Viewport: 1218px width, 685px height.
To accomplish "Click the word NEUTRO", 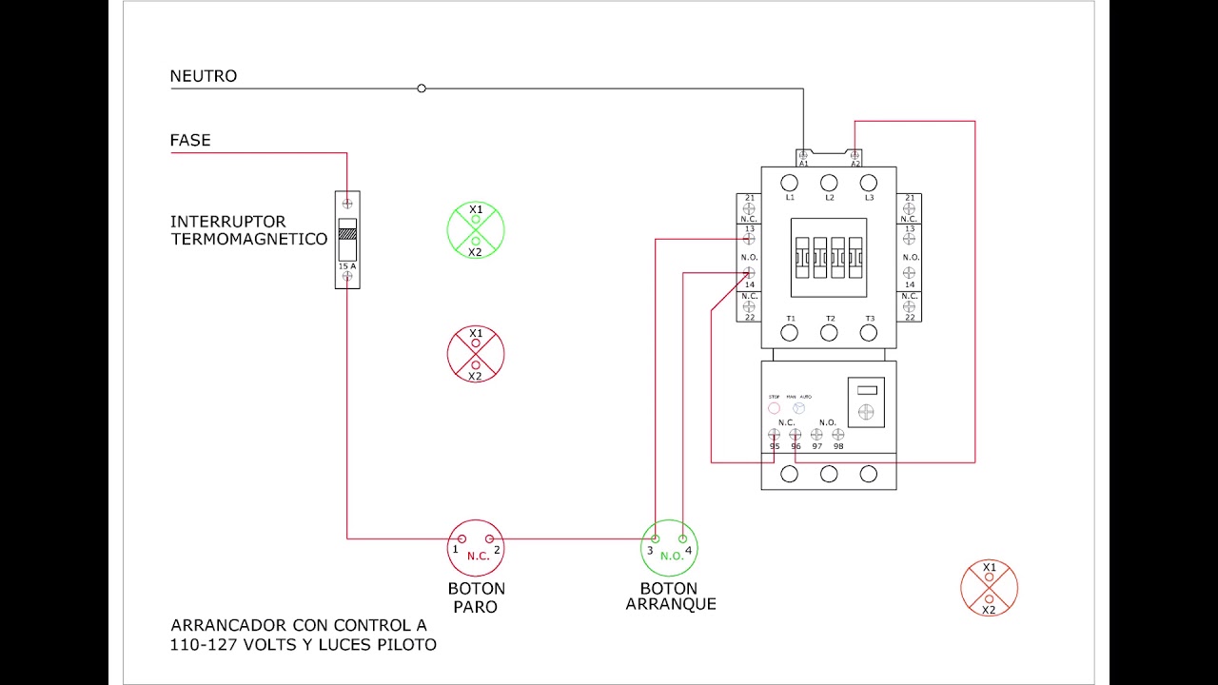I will (x=203, y=76).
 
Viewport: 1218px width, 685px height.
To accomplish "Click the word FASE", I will (x=190, y=141).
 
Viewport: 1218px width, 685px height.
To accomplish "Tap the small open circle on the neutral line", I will (x=422, y=88).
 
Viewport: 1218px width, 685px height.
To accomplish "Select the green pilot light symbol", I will (x=476, y=229).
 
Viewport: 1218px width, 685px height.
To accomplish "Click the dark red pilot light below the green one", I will (x=476, y=354).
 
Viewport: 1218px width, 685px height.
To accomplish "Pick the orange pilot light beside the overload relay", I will (x=989, y=587).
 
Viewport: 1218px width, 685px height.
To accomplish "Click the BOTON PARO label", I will (x=476, y=597).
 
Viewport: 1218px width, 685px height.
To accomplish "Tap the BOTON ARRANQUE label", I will (x=670, y=597).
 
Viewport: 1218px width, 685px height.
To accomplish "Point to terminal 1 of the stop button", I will (x=462, y=539).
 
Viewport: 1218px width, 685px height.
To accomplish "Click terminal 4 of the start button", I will (x=682, y=539).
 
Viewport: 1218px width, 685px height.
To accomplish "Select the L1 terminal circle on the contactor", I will (x=789, y=182).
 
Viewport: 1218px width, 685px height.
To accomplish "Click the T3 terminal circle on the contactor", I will (x=868, y=332).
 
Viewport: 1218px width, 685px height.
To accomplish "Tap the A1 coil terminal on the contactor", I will (x=803, y=154).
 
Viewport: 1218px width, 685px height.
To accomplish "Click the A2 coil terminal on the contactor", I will (x=855, y=154).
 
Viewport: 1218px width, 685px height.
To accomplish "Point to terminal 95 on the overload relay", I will (x=775, y=434).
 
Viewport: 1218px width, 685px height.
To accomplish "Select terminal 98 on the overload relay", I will (x=837, y=434).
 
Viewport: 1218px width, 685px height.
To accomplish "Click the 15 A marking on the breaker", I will (x=347, y=266).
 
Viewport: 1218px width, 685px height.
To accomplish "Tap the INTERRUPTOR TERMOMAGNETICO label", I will (x=247, y=230).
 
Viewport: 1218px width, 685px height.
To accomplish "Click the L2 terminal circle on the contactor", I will (x=829, y=182).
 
